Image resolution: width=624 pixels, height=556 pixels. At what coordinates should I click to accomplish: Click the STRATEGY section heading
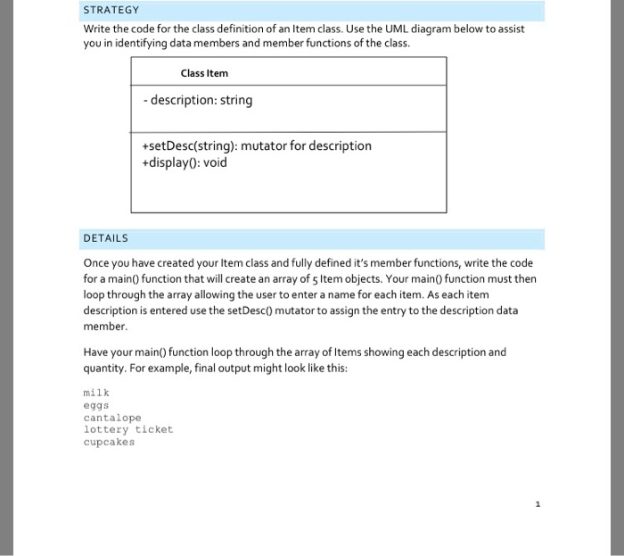111,10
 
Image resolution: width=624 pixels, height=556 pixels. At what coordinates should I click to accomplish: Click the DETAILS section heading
105,238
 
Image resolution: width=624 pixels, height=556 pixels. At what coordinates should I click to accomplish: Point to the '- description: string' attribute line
197,100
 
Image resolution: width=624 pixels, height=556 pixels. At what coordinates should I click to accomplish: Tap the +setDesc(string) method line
256,145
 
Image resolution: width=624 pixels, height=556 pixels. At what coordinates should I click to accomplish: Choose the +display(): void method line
185,162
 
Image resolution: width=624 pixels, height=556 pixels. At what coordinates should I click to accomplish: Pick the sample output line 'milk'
95,392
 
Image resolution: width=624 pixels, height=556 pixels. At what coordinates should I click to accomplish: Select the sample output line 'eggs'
95,404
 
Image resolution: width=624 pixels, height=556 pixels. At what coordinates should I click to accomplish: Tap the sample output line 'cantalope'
112,417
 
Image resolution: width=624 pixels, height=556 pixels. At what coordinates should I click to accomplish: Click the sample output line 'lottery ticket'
127,429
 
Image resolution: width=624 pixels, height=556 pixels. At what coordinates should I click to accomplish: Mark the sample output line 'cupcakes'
109,442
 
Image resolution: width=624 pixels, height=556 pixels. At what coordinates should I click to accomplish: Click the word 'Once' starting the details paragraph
97,263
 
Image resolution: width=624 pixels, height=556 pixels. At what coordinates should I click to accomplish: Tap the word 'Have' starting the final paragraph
96,352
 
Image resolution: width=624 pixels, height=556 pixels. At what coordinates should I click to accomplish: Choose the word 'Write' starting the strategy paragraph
99,29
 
